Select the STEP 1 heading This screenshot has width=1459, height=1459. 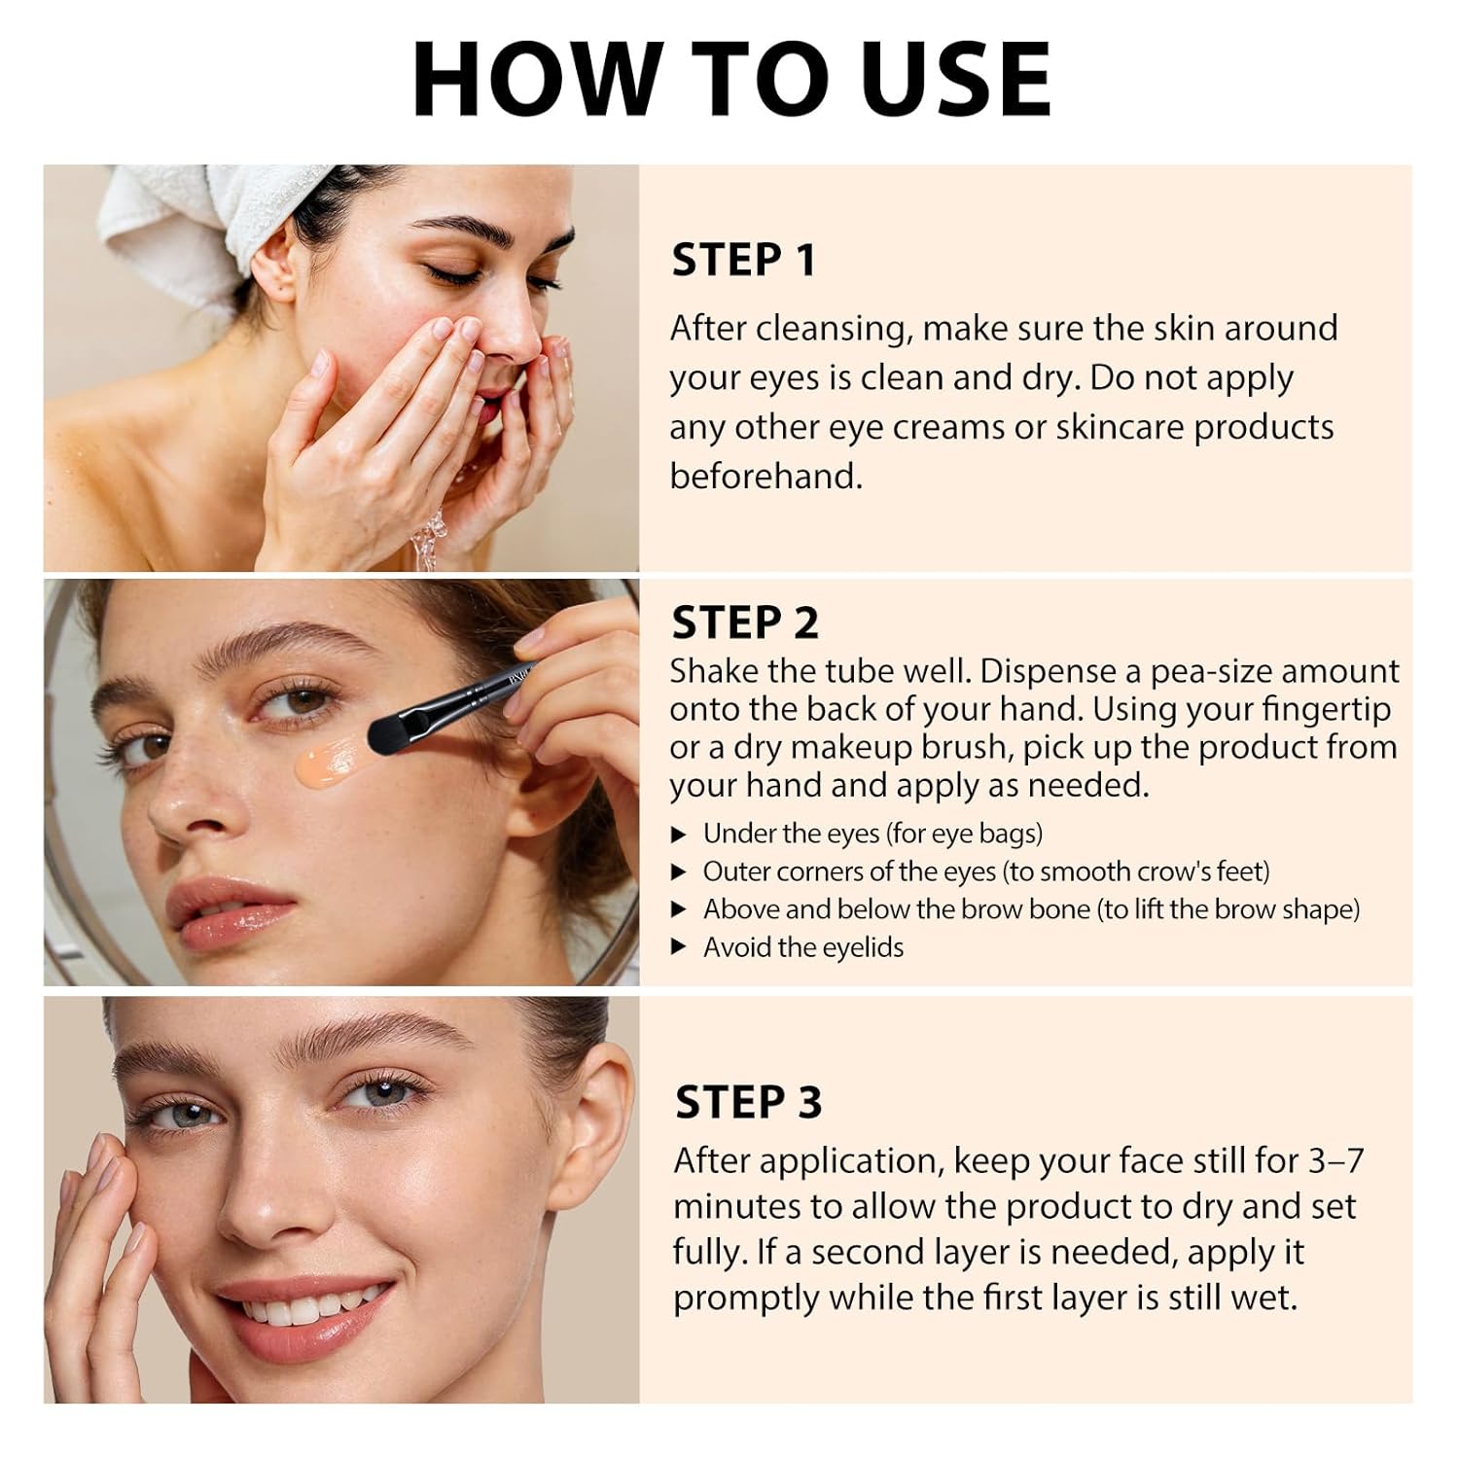(743, 261)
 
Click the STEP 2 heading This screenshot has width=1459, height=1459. (745, 623)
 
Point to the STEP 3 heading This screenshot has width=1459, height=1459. (748, 1103)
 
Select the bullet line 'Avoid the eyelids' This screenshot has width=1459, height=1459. (802, 947)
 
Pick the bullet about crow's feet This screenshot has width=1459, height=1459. (985, 872)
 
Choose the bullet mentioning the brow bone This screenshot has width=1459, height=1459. (1031, 909)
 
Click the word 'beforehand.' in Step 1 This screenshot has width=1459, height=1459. (765, 477)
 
